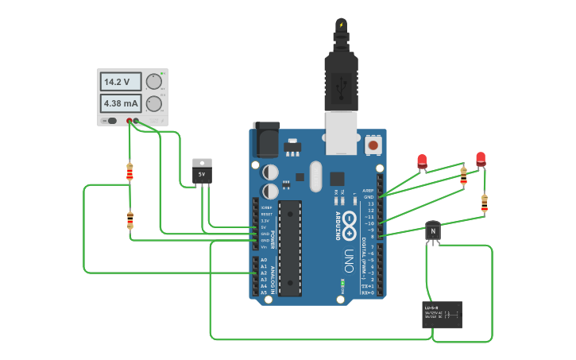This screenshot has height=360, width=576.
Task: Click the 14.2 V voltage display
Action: click(x=120, y=82)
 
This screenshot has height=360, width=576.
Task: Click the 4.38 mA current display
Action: click(x=120, y=103)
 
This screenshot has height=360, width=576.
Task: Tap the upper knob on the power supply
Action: click(x=154, y=81)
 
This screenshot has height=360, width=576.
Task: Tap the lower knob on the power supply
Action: click(x=154, y=103)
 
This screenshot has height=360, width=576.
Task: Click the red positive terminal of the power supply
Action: click(x=130, y=121)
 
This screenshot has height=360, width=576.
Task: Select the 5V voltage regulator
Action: click(x=203, y=171)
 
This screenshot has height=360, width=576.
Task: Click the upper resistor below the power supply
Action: click(x=130, y=171)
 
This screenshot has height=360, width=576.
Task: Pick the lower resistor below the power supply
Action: click(x=130, y=220)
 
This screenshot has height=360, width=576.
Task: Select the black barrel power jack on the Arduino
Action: click(x=266, y=141)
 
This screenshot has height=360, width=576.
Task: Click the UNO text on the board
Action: click(x=348, y=261)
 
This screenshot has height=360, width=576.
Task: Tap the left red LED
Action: click(x=422, y=161)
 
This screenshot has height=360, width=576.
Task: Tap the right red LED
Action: click(x=481, y=159)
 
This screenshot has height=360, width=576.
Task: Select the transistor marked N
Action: click(x=433, y=231)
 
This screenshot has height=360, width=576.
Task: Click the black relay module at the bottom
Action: click(x=443, y=315)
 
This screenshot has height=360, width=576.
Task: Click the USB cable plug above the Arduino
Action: click(x=341, y=79)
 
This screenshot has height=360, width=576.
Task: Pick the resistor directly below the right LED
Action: click(x=485, y=203)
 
